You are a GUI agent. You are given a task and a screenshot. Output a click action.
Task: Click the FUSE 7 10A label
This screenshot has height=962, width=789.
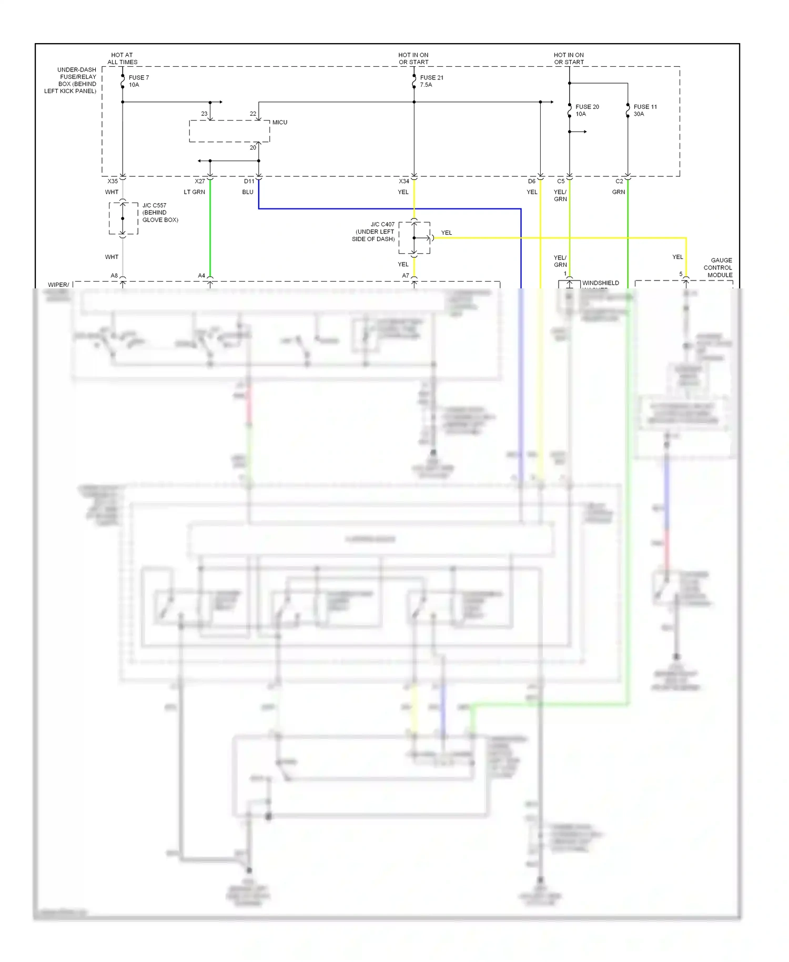click(x=138, y=81)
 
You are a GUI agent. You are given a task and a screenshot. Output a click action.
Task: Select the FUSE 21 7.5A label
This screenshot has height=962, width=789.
click(x=431, y=81)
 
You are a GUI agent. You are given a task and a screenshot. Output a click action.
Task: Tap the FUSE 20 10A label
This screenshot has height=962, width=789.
click(x=587, y=110)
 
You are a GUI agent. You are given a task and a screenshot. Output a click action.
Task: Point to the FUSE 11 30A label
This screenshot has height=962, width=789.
click(x=645, y=110)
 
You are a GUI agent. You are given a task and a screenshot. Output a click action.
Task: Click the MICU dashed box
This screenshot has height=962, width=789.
click(x=229, y=131)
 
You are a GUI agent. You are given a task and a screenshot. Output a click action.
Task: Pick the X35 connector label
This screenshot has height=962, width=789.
click(x=113, y=181)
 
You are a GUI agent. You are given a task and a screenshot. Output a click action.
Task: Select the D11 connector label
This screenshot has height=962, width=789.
click(x=249, y=181)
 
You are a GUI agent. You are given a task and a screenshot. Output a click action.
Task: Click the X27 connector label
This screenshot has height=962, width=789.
click(x=200, y=181)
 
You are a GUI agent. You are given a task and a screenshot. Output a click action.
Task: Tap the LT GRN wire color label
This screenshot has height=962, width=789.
click(x=194, y=192)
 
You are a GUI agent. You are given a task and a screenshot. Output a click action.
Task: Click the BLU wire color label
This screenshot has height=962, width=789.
click(x=248, y=192)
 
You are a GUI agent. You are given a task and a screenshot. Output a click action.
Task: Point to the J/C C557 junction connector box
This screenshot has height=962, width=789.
click(x=123, y=218)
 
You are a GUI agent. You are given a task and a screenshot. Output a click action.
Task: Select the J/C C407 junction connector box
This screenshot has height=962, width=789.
click(x=414, y=238)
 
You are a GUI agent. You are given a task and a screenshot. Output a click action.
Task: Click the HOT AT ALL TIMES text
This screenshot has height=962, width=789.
click(x=122, y=58)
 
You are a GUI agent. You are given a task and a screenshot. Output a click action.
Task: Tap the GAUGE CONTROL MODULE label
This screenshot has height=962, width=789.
click(x=718, y=267)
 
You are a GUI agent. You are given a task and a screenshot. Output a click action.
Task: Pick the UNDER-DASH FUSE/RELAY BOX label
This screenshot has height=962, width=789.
click(x=70, y=80)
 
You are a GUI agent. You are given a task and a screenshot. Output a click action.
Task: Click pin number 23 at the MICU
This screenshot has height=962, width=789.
click(x=204, y=114)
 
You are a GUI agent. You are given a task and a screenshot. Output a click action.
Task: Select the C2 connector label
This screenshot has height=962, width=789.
click(x=619, y=181)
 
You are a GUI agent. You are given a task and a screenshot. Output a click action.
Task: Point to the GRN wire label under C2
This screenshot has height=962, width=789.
click(x=619, y=192)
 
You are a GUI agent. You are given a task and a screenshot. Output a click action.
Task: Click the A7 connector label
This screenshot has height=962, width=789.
click(x=406, y=275)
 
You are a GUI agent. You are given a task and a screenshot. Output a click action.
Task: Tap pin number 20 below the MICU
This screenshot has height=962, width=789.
click(x=253, y=148)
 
